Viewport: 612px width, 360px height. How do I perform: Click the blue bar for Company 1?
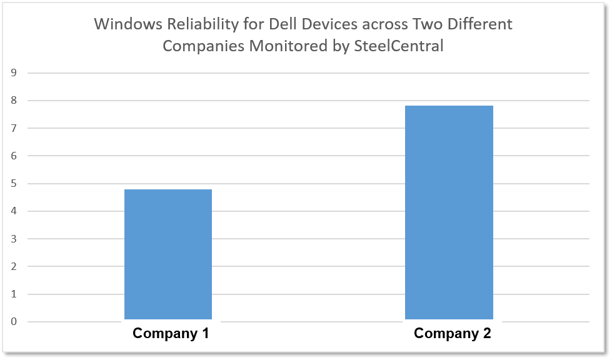168,254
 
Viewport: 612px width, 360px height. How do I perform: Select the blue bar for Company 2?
449,212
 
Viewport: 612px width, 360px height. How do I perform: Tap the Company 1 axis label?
171,334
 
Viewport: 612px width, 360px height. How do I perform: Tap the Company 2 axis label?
453,334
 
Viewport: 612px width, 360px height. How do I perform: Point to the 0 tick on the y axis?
13,322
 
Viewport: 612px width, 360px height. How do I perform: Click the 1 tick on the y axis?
13,294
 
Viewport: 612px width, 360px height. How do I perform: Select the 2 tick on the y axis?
13,267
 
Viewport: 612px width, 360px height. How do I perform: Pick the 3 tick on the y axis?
13,239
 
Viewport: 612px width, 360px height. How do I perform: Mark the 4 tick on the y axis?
13,211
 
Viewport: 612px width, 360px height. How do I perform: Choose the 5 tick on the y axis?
13,184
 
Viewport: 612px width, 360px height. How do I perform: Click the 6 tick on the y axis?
13,156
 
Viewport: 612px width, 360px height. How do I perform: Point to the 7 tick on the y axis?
13,128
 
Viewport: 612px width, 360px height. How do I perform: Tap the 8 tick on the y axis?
13,101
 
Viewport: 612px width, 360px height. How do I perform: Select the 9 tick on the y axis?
13,72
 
